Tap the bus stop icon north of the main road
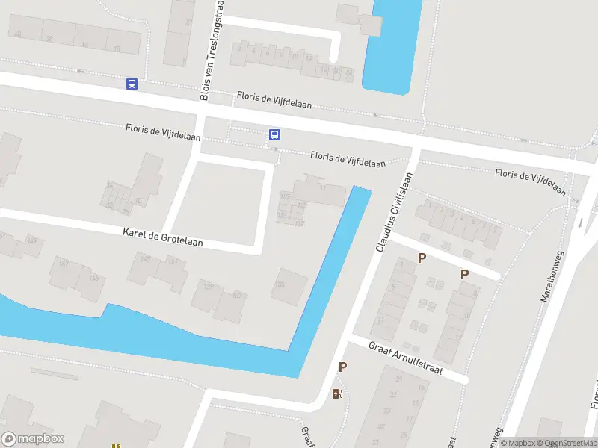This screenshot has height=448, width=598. coord(132,84)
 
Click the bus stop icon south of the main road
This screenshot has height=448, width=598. coord(274,135)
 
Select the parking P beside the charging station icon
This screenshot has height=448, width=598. coord(342,367)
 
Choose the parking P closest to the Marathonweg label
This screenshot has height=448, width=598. coord(464,274)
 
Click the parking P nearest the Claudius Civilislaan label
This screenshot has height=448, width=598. coord(422,258)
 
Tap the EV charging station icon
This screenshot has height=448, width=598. coord(337,393)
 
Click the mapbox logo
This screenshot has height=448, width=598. coord(33,439)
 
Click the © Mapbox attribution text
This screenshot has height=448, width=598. coord(518,443)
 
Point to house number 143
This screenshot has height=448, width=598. coord(145,259)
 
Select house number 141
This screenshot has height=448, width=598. coord(173,261)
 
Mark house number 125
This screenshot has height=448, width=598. coord(285,196)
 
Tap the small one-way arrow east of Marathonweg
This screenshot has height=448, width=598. coord(582,222)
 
